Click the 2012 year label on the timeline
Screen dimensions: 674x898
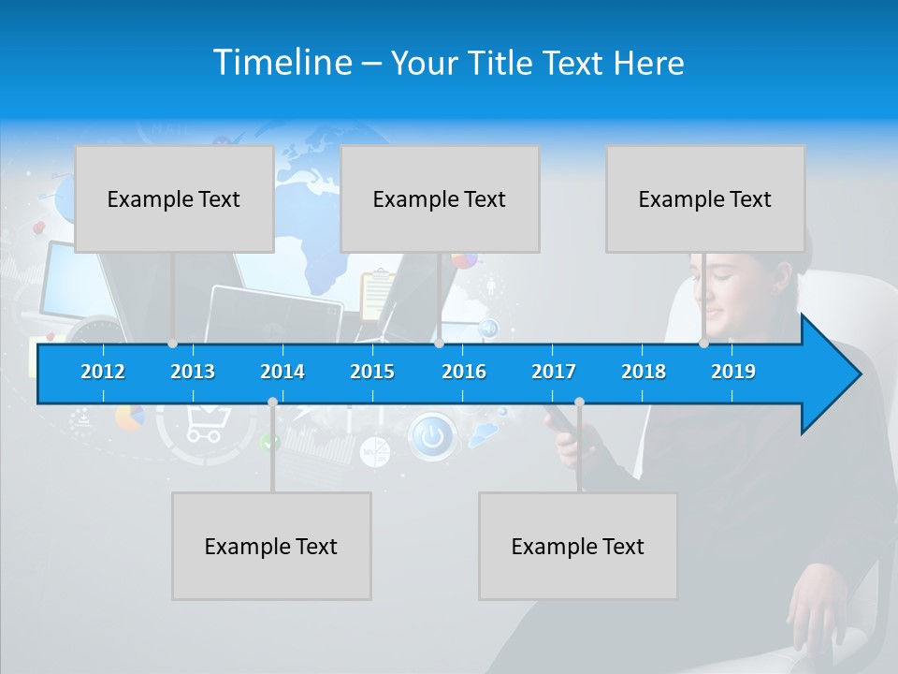[x=103, y=372]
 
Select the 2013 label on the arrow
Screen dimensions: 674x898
[x=193, y=372]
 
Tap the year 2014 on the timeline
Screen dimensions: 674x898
[x=282, y=372]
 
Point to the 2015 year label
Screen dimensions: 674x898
[x=372, y=372]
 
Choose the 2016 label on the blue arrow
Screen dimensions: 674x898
[x=464, y=372]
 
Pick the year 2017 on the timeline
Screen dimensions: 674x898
[x=554, y=372]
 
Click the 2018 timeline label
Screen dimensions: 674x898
[x=644, y=372]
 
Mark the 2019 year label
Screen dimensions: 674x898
[x=733, y=372]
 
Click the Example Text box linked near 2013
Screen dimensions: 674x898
[x=174, y=198]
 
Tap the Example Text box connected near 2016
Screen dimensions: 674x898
[x=440, y=198]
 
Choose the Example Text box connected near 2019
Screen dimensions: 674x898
[x=705, y=198]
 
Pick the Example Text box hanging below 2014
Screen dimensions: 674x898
[x=271, y=546]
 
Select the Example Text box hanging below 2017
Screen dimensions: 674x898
[x=578, y=546]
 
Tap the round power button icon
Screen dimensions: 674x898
[x=431, y=435]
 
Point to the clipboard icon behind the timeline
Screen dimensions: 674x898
[x=376, y=293]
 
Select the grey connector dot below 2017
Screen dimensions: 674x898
[x=579, y=403]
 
